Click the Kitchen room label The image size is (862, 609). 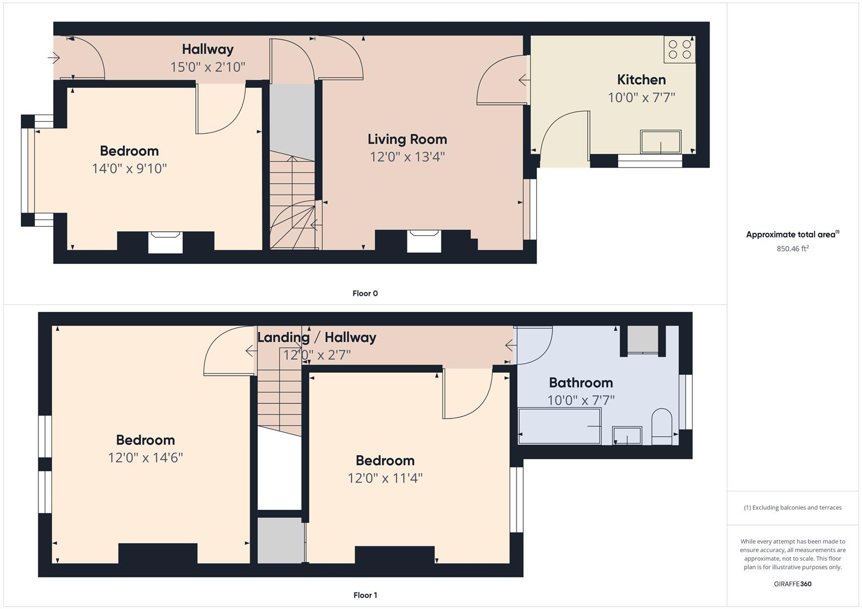[x=641, y=80]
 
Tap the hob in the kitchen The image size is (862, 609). [x=680, y=50]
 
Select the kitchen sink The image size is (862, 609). [x=660, y=142]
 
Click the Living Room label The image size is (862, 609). [x=407, y=139]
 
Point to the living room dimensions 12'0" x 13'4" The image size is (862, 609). [x=407, y=157]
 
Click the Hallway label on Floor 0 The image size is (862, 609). [x=207, y=49]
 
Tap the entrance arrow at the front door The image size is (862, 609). [x=54, y=58]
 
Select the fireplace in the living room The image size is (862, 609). [x=424, y=241]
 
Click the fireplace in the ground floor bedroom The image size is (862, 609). [x=165, y=242]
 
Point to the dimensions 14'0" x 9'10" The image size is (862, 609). [x=129, y=169]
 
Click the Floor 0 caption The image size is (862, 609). [x=365, y=293]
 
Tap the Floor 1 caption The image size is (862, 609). [x=365, y=595]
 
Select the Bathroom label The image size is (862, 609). [x=581, y=382]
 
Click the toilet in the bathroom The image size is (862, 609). [x=662, y=426]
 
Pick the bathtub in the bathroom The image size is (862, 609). [x=559, y=426]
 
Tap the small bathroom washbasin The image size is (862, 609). [x=627, y=435]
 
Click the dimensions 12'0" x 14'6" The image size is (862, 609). [x=145, y=457]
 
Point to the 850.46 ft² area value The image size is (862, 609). [x=793, y=248]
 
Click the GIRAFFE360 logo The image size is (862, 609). [x=793, y=584]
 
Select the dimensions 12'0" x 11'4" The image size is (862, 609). [x=385, y=478]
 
